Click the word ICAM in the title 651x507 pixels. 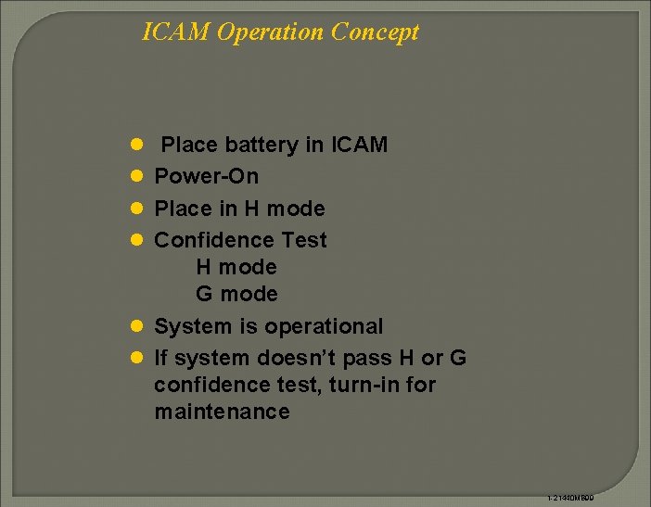click(176, 32)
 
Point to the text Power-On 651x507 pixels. click(206, 176)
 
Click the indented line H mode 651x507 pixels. click(236, 267)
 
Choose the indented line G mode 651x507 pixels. click(236, 294)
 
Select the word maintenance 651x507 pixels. click(222, 412)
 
